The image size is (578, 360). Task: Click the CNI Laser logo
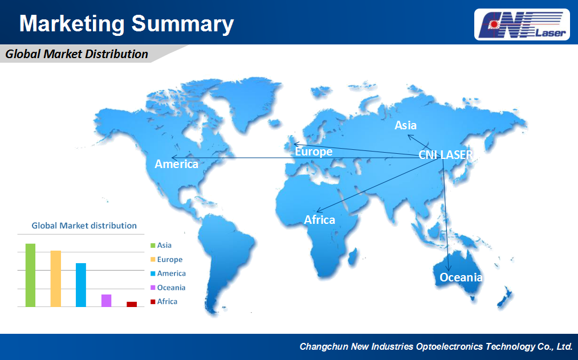[x=522, y=24]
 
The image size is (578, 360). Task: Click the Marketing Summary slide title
[x=127, y=23]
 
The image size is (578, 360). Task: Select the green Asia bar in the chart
[x=30, y=275]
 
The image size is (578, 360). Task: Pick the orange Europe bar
[x=56, y=279]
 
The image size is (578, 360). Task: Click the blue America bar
[x=81, y=285]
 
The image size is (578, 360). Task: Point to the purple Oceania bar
[x=106, y=301]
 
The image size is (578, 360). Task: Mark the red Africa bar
[x=132, y=304]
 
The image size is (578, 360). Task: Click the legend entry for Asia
[x=161, y=246]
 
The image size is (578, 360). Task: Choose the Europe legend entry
[x=166, y=259]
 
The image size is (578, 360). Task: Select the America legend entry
[x=168, y=273]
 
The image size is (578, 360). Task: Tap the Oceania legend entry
[x=168, y=288]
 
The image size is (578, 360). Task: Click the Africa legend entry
[x=164, y=301]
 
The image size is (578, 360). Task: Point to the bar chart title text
[x=84, y=226]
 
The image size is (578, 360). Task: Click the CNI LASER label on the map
[x=446, y=155]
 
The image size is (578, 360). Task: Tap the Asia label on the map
[x=405, y=125]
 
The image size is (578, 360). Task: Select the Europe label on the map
[x=314, y=152]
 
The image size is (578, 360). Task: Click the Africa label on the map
[x=320, y=220]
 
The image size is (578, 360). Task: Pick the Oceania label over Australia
[x=461, y=277]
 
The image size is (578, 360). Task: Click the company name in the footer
[x=435, y=346]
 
